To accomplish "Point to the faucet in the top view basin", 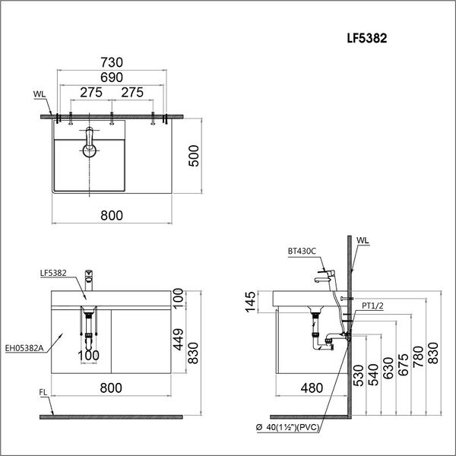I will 90,144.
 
